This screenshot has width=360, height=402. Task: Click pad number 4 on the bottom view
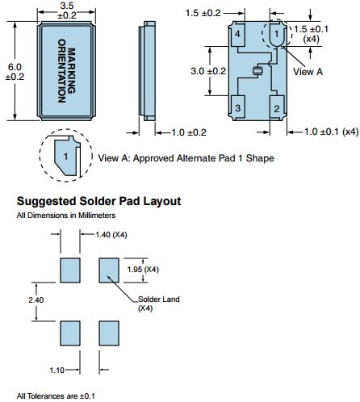tap(238, 35)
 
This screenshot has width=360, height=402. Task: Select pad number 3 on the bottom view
tap(238, 107)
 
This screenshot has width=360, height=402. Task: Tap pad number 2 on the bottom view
tap(277, 107)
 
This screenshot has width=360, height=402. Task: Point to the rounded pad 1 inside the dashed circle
tap(277, 34)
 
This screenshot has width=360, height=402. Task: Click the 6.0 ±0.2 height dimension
tap(15, 72)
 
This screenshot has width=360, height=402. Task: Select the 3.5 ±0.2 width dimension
tap(67, 10)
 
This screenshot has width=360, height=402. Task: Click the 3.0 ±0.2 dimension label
tap(208, 71)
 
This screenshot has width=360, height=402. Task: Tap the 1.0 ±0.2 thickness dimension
tap(189, 132)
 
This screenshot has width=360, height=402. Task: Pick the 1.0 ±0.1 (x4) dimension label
tap(331, 132)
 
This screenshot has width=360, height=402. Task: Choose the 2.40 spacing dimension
tap(36, 299)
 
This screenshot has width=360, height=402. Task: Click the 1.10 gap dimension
tap(57, 371)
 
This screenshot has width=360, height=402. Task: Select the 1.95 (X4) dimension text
tap(143, 269)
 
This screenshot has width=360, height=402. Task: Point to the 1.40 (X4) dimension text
tap(111, 235)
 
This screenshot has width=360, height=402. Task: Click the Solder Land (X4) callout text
tap(158, 304)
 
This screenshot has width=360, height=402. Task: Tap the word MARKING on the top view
tap(71, 71)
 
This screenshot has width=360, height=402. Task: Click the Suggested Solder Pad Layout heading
tap(98, 201)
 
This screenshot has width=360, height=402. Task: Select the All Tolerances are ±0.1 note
tap(56, 396)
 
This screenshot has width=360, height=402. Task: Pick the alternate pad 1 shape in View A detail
tap(65, 157)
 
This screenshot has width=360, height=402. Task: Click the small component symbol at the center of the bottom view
tap(258, 71)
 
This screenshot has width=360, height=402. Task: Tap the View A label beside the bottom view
tap(308, 72)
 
